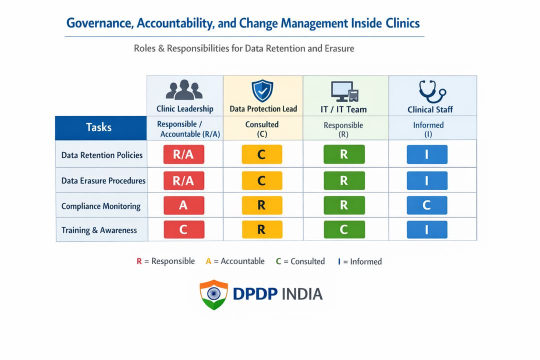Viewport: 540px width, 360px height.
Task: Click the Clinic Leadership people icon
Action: tap(184, 90)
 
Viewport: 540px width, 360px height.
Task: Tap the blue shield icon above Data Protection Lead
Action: tap(263, 90)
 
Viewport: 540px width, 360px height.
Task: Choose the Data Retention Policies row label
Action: tap(102, 155)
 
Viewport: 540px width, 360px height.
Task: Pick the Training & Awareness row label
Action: tap(99, 230)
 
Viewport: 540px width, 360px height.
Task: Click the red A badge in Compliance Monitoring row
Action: tap(183, 205)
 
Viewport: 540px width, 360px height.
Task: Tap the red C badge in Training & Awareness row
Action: tap(183, 230)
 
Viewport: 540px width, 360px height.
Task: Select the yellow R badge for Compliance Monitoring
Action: tap(261, 205)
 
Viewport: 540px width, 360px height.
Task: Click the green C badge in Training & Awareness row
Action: tap(344, 230)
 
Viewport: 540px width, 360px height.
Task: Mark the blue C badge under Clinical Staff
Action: tap(426, 205)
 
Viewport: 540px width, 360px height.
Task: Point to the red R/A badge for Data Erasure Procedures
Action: tap(183, 180)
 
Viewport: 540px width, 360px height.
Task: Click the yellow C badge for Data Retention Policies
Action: tap(261, 154)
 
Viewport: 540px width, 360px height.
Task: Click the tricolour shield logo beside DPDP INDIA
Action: tap(213, 294)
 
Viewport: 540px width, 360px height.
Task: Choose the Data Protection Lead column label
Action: tap(263, 109)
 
